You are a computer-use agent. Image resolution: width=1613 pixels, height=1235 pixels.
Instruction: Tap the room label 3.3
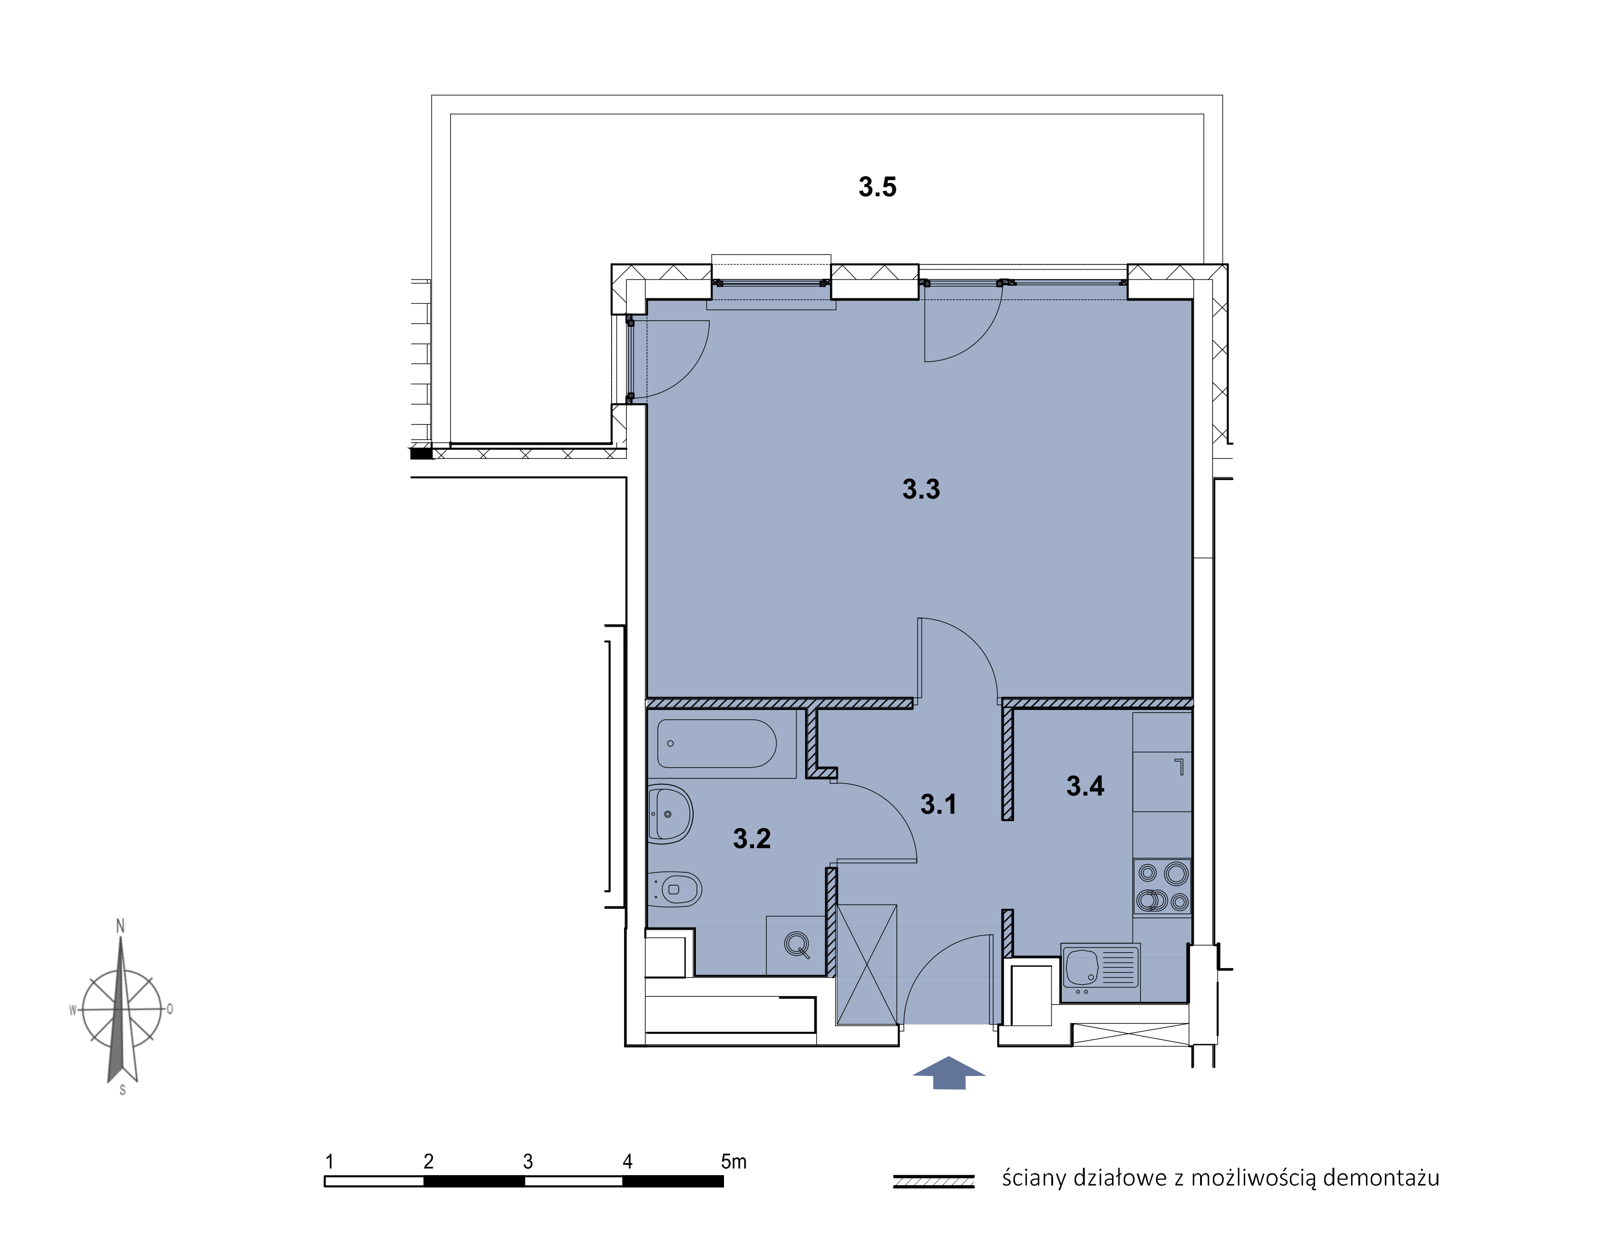(921, 489)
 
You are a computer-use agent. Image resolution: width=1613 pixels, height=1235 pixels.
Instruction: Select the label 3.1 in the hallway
(938, 804)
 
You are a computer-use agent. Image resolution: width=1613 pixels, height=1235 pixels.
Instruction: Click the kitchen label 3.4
(1085, 786)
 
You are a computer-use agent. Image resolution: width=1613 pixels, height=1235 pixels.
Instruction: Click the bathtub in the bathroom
(717, 743)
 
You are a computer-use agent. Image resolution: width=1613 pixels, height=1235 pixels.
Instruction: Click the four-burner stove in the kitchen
(1162, 887)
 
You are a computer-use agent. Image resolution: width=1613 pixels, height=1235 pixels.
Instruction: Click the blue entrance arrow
(948, 1072)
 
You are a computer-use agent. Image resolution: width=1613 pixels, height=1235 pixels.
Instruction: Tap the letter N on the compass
(121, 926)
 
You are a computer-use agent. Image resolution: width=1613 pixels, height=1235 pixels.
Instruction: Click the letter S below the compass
(123, 1090)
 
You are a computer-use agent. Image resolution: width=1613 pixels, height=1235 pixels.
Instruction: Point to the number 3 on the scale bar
(528, 1161)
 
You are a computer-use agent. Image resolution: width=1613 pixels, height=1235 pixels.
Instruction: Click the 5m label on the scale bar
(734, 1161)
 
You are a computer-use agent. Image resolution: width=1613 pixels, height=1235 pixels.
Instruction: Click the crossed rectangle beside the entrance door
(867, 964)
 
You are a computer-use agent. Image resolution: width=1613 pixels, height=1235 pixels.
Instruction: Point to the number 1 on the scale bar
(330, 1161)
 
